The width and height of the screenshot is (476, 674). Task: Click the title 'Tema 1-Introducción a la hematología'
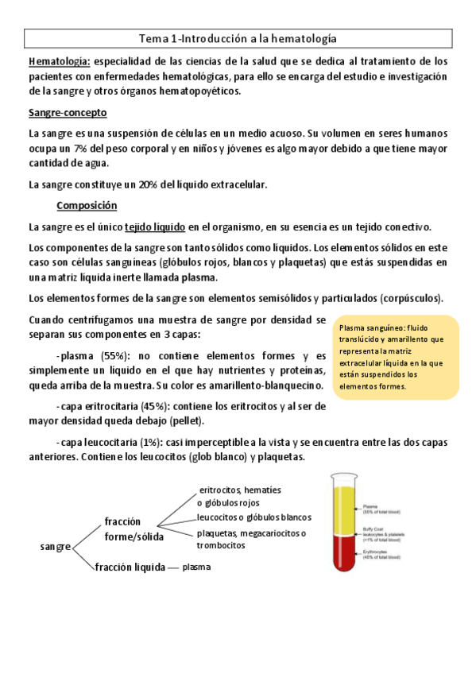click(x=238, y=37)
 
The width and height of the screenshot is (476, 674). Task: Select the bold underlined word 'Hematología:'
click(x=59, y=60)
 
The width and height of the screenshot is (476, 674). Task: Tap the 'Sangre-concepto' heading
click(x=68, y=113)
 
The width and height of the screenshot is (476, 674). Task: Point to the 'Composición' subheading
click(x=87, y=206)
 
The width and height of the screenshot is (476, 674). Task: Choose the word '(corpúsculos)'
click(x=409, y=298)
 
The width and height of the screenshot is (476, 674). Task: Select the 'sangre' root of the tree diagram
click(x=55, y=547)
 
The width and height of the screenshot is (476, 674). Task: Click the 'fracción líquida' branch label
click(x=129, y=567)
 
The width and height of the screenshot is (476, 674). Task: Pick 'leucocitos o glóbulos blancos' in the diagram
click(x=253, y=517)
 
